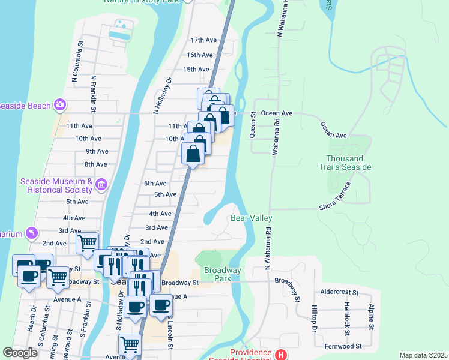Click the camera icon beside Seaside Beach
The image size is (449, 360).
pos(60,106)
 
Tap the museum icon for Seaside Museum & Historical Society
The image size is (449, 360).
pos(101,184)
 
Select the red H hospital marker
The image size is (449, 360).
pos(280,355)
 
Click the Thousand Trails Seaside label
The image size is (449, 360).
pos(349,163)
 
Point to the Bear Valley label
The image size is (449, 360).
pos(252,218)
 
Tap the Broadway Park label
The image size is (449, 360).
pos(222,275)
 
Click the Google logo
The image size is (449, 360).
pos(20,353)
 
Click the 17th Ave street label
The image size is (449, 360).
pos(203,40)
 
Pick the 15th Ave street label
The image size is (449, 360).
pos(196,70)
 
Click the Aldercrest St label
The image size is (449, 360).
pos(339,293)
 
